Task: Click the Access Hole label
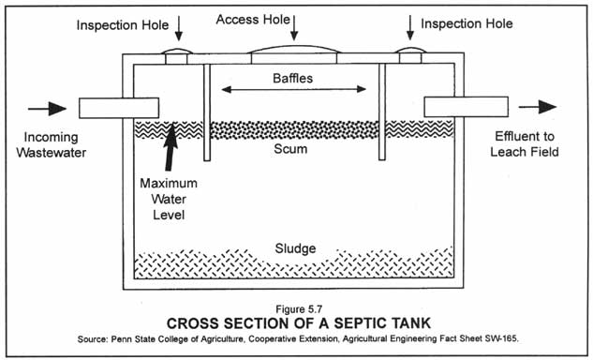pyautogui.click(x=257, y=19)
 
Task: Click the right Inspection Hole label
pyautogui.click(x=467, y=23)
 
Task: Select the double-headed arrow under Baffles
pyautogui.click(x=293, y=90)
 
